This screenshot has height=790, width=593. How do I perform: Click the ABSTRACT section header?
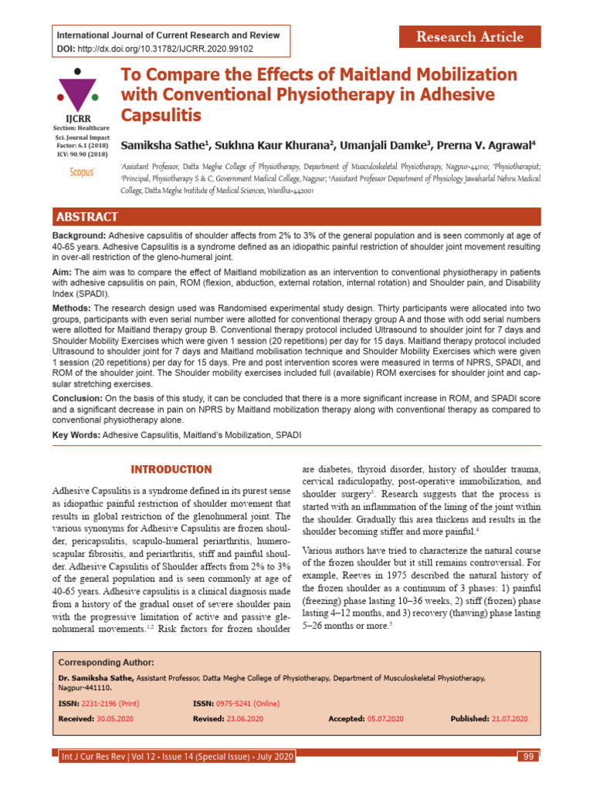tap(86, 217)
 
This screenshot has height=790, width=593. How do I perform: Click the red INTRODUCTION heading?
tap(171, 469)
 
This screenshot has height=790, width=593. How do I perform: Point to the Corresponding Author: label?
tap(106, 663)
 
